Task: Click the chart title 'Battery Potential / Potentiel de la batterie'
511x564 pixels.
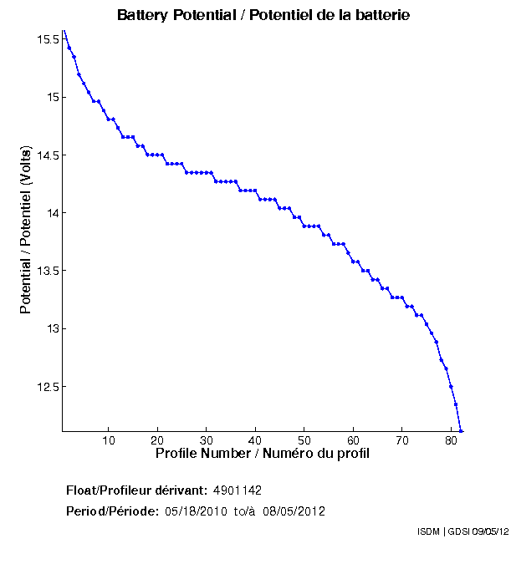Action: click(x=263, y=15)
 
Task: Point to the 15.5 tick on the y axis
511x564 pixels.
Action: click(x=47, y=39)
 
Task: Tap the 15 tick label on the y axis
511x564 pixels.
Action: click(x=52, y=97)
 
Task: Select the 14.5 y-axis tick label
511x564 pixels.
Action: click(x=47, y=155)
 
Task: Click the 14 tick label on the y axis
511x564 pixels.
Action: click(x=52, y=213)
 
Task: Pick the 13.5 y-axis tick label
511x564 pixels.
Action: click(x=47, y=271)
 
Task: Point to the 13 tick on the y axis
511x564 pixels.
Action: click(x=52, y=328)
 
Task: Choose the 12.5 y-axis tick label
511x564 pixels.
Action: click(x=47, y=387)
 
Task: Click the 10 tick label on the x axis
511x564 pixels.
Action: click(x=109, y=440)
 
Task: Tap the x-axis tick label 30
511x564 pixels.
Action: click(x=207, y=440)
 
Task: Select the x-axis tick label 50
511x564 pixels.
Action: click(x=304, y=440)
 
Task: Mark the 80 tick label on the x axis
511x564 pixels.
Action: click(x=451, y=440)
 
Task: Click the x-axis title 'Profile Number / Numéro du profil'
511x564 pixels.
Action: click(x=263, y=454)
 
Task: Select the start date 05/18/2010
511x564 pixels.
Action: click(x=194, y=511)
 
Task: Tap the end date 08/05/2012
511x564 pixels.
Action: click(x=294, y=511)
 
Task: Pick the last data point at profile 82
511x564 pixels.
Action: click(x=461, y=431)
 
